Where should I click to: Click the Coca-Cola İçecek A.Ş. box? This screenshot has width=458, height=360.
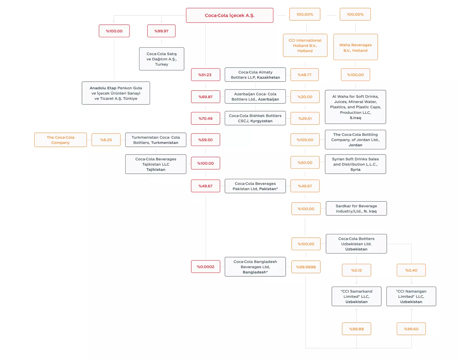tap(230, 15)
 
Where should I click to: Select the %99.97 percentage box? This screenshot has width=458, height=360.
tap(161, 31)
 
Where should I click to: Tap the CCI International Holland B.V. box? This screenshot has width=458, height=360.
tap(305, 45)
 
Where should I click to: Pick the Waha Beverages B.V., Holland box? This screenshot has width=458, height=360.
tap(355, 47)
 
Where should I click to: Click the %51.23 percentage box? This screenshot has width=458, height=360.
tap(205, 75)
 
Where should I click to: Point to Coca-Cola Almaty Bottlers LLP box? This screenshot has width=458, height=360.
tap(255, 75)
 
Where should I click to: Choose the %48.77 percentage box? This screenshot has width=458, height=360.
tap(304, 75)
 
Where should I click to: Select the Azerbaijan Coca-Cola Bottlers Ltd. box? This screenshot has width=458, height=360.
tap(255, 97)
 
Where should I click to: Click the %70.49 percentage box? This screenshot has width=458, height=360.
tap(205, 118)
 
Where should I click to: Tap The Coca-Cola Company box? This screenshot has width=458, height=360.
tap(61, 140)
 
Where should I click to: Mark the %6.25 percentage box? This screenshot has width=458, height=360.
tap(106, 140)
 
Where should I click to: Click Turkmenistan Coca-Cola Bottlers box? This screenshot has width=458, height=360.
tap(155, 140)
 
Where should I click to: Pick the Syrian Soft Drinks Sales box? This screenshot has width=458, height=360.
tap(355, 164)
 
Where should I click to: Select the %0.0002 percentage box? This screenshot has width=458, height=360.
tap(205, 267)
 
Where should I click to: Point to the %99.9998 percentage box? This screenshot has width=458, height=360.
tap(306, 267)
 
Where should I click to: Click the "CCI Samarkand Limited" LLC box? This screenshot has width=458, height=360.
tap(356, 297)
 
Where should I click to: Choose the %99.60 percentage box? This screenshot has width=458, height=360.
tap(411, 329)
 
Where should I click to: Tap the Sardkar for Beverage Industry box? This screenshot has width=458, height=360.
tap(356, 208)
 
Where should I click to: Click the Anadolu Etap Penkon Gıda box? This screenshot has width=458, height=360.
tap(116, 93)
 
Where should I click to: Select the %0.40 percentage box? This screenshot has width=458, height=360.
tap(411, 270)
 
